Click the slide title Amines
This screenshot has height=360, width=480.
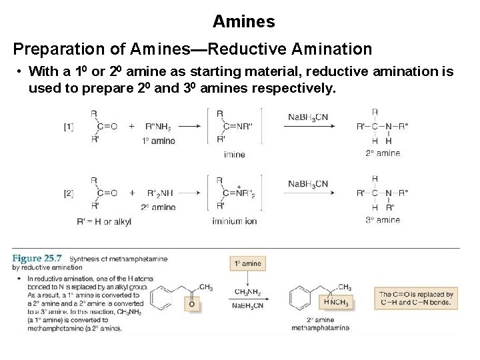point(243,21)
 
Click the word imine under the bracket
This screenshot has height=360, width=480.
point(235,155)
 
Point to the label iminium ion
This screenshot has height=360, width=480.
point(235,221)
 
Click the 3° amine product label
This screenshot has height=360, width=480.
point(383,219)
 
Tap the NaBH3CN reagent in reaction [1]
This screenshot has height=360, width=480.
point(308,117)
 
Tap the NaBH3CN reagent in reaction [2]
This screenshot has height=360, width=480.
point(308,184)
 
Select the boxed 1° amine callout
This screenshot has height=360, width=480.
point(247,263)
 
